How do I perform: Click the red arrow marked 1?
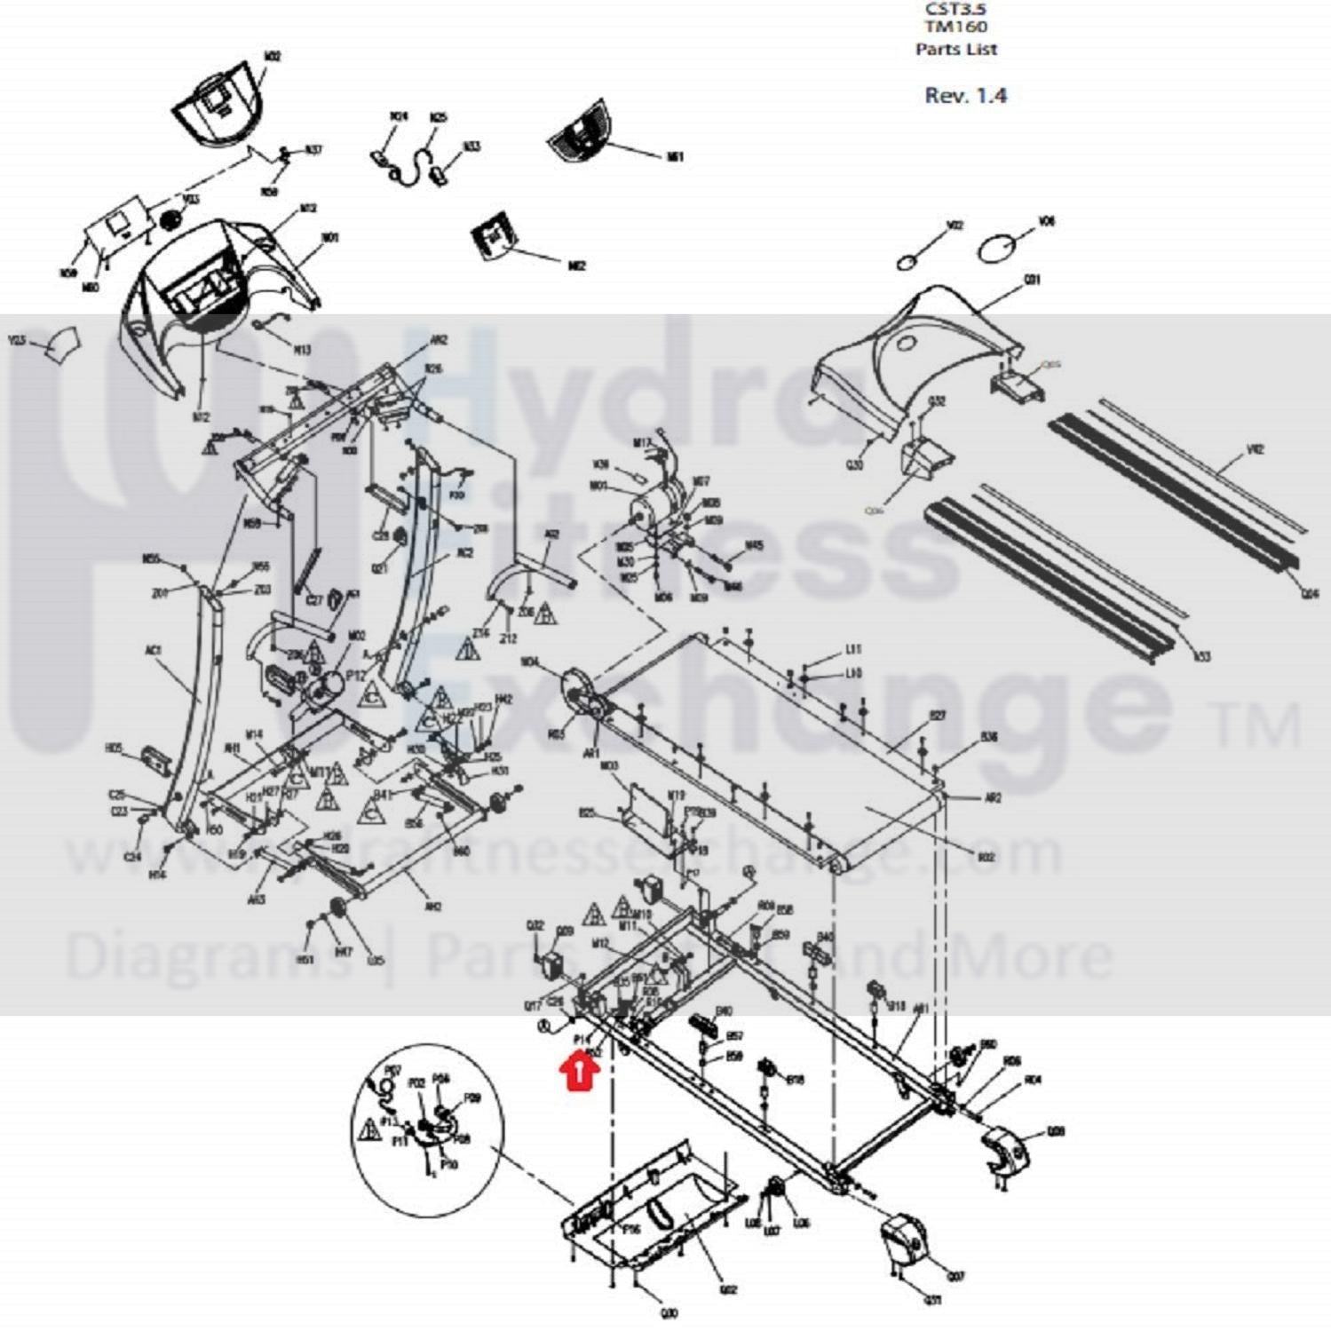579,1070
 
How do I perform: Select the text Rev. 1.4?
965,95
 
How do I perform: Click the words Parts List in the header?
956,49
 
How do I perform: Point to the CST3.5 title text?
956,8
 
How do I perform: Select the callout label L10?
853,674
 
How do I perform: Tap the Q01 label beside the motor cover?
1033,281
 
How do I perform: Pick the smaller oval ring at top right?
907,262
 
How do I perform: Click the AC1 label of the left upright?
153,651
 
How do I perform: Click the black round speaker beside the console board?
170,220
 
